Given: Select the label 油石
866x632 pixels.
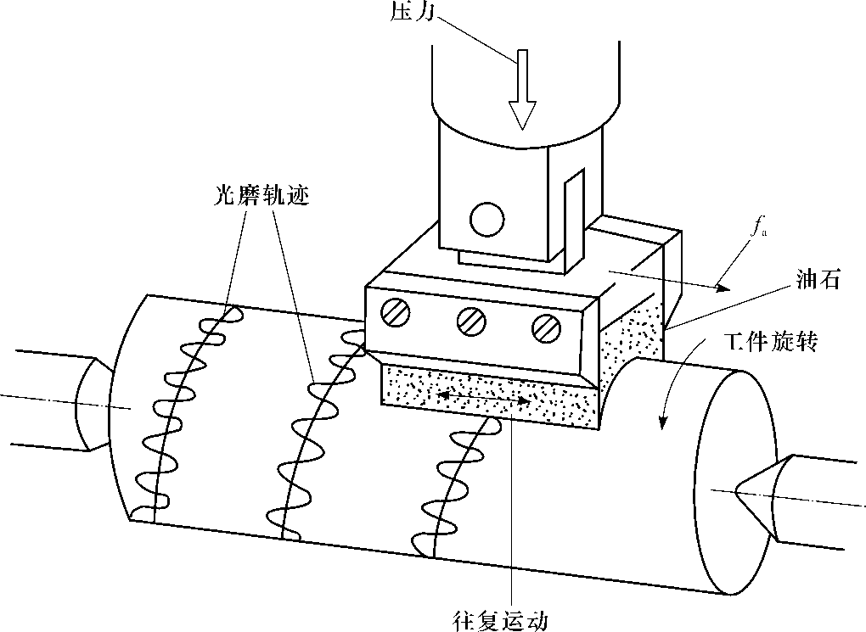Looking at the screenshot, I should [x=819, y=281].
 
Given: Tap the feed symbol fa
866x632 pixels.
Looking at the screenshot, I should [x=758, y=227].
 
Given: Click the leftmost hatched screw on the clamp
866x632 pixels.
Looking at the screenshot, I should [x=396, y=313].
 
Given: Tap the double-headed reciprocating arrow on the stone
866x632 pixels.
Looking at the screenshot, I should [x=487, y=396].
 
